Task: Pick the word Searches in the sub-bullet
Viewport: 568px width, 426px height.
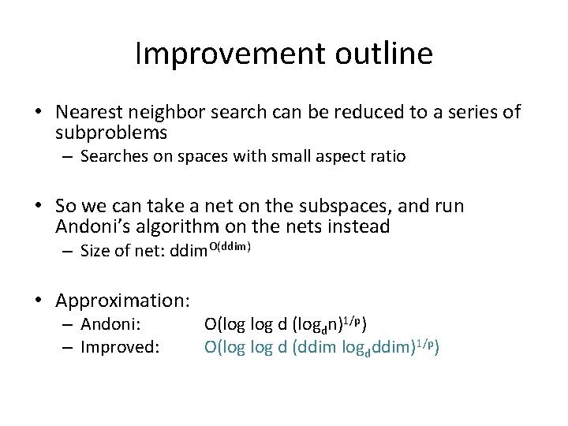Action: tap(111, 156)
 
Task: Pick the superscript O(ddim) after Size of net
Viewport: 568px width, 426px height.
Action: tap(230, 248)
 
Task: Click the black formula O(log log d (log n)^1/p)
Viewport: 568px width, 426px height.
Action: tap(285, 324)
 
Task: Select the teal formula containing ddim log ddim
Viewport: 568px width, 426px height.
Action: tap(321, 346)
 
